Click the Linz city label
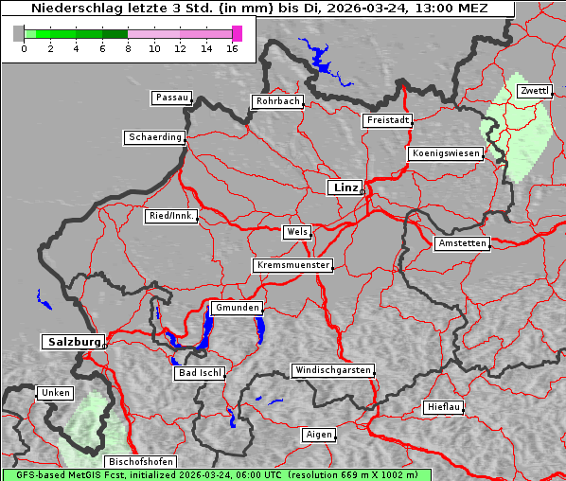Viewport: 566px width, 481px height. tap(345, 187)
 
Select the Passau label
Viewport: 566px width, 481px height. tap(171, 98)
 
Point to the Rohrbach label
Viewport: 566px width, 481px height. tap(276, 101)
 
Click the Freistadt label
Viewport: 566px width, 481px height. tap(387, 120)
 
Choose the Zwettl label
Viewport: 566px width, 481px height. tap(534, 91)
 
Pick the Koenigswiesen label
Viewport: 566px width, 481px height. tap(446, 153)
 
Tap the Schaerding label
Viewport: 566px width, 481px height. tap(154, 137)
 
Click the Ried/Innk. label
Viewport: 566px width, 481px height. tap(171, 216)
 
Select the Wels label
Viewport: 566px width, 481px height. tap(296, 232)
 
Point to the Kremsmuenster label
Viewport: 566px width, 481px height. tap(292, 265)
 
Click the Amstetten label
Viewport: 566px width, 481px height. tap(461, 243)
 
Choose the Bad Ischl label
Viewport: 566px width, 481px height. tap(199, 373)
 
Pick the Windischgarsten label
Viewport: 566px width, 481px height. tap(331, 370)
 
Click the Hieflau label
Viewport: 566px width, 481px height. tap(443, 407)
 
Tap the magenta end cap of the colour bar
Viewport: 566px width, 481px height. tap(237, 33)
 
